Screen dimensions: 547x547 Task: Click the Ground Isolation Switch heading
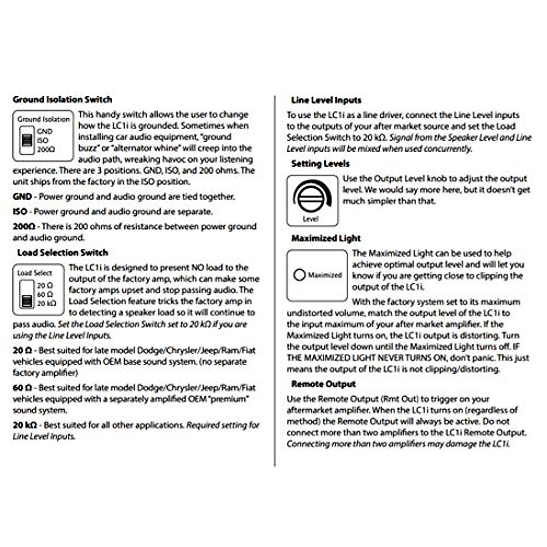point(62,99)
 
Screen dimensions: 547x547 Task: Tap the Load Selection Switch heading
point(62,253)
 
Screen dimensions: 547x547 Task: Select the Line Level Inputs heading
point(326,100)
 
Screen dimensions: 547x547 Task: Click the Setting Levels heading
point(320,164)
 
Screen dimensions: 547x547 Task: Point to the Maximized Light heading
point(326,238)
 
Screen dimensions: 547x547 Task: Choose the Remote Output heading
point(324,384)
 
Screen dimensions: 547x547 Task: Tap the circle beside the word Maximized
point(299,275)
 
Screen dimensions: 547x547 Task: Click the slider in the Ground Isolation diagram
point(27,140)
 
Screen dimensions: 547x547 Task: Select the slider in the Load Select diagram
point(27,294)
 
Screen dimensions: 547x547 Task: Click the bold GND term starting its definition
point(22,197)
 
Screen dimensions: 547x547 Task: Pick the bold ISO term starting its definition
point(20,212)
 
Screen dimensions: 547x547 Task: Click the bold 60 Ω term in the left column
point(22,388)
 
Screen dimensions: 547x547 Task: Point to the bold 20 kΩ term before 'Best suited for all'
point(25,425)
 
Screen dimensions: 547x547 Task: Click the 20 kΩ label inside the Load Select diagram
point(46,304)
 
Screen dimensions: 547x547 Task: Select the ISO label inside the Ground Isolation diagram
point(43,140)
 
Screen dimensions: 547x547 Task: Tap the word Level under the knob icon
point(310,219)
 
